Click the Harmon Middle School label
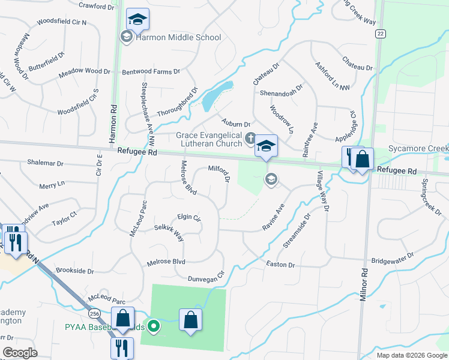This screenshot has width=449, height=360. click(x=179, y=37)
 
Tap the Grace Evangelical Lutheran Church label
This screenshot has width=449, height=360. click(x=209, y=140)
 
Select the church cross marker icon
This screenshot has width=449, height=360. click(x=250, y=140)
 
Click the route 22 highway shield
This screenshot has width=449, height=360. click(x=380, y=34)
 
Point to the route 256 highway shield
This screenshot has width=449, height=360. click(x=94, y=313)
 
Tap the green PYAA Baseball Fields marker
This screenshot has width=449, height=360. click(x=154, y=326)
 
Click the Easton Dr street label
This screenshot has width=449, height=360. click(x=280, y=265)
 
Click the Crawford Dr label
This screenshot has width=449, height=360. click(x=96, y=6)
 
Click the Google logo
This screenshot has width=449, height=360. click(x=20, y=353)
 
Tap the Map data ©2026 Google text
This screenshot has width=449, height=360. click(x=411, y=355)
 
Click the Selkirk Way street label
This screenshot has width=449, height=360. click(x=169, y=232)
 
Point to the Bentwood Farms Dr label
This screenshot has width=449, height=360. click(x=151, y=71)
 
